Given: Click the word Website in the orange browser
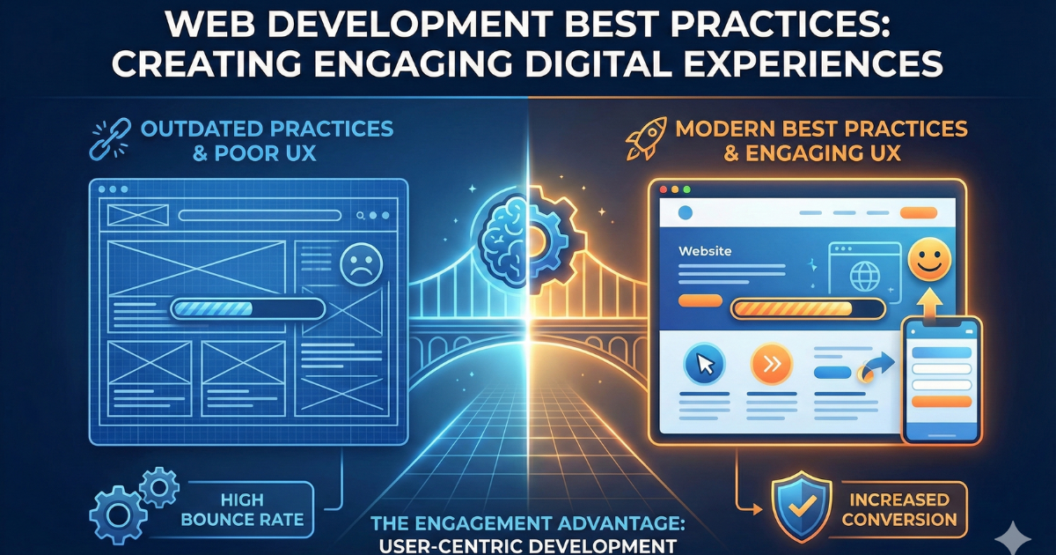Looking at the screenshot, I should click(x=704, y=251).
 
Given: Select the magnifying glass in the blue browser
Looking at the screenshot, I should click(x=360, y=215).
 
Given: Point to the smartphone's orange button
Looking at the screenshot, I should click(x=942, y=401).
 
